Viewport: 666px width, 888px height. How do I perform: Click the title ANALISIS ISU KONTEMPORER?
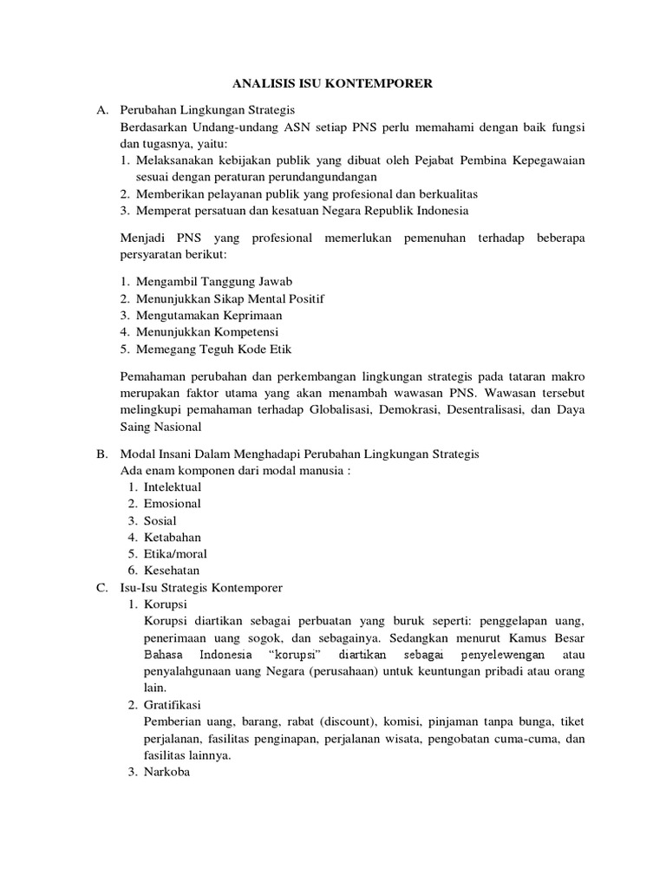[x=333, y=84]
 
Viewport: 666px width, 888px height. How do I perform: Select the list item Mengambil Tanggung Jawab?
[x=214, y=282]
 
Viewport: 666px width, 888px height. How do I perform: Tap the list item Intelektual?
[x=173, y=487]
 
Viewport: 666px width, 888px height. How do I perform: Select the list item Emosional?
[x=172, y=504]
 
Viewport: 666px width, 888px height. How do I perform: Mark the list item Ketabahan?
[x=172, y=538]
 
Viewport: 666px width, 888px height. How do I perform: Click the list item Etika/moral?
[x=175, y=554]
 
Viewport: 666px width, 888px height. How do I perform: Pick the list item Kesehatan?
[x=172, y=571]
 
